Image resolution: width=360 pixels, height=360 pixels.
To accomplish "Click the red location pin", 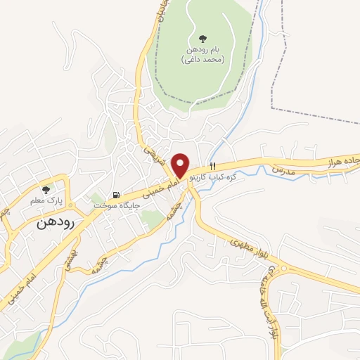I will (180, 165).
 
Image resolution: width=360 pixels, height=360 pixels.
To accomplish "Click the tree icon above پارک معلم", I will (46, 189).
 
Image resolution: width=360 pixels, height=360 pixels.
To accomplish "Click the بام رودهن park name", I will (203, 50).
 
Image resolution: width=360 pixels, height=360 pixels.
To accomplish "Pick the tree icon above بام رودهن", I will (203, 38).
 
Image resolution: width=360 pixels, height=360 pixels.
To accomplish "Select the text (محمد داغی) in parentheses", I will (203, 60).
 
